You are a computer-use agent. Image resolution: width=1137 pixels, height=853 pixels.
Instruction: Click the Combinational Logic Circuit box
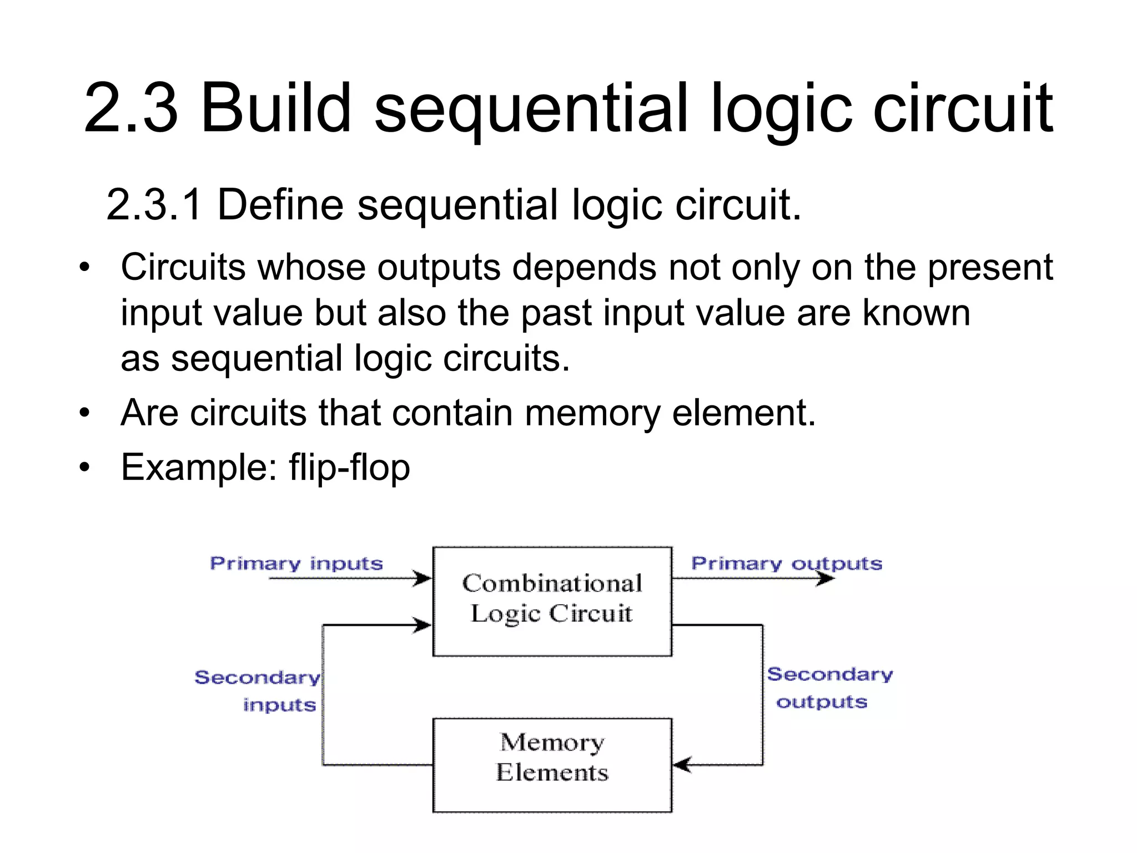pyautogui.click(x=552, y=601)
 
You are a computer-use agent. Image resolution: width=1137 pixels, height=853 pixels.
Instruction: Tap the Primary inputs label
pyautogui.click(x=296, y=564)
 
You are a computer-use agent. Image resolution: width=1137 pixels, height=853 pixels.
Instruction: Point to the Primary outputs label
pyautogui.click(x=786, y=564)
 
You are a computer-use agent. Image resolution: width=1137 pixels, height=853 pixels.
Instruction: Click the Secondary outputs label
pyautogui.click(x=829, y=688)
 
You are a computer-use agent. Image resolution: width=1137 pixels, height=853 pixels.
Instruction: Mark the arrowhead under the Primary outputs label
pyautogui.click(x=825, y=579)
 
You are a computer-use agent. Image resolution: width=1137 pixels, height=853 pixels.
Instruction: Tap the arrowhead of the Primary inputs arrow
pyautogui.click(x=423, y=579)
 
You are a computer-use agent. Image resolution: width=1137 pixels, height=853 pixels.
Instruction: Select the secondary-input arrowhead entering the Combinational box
pyautogui.click(x=423, y=626)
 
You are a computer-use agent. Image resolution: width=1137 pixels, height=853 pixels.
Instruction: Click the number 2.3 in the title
pyautogui.click(x=131, y=108)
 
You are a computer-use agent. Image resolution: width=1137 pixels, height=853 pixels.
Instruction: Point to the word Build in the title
pyautogui.click(x=276, y=108)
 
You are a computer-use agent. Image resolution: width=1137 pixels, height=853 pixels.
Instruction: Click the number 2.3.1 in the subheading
pyautogui.click(x=154, y=205)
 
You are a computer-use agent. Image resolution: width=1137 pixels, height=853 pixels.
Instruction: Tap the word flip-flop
pyautogui.click(x=349, y=468)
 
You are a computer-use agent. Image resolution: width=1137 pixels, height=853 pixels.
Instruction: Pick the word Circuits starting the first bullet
pyautogui.click(x=183, y=268)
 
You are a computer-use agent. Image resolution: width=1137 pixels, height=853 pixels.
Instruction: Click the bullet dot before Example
pyautogui.click(x=84, y=468)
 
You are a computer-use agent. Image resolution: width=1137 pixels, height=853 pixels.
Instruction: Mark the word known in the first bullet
pyautogui.click(x=916, y=313)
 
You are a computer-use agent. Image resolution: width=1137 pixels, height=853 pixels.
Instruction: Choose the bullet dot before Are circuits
pyautogui.click(x=84, y=414)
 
